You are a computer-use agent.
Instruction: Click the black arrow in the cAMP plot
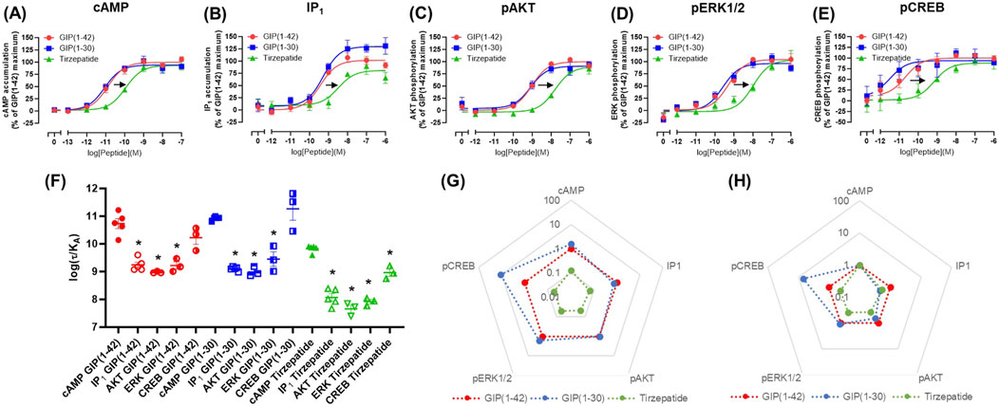[119, 83]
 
